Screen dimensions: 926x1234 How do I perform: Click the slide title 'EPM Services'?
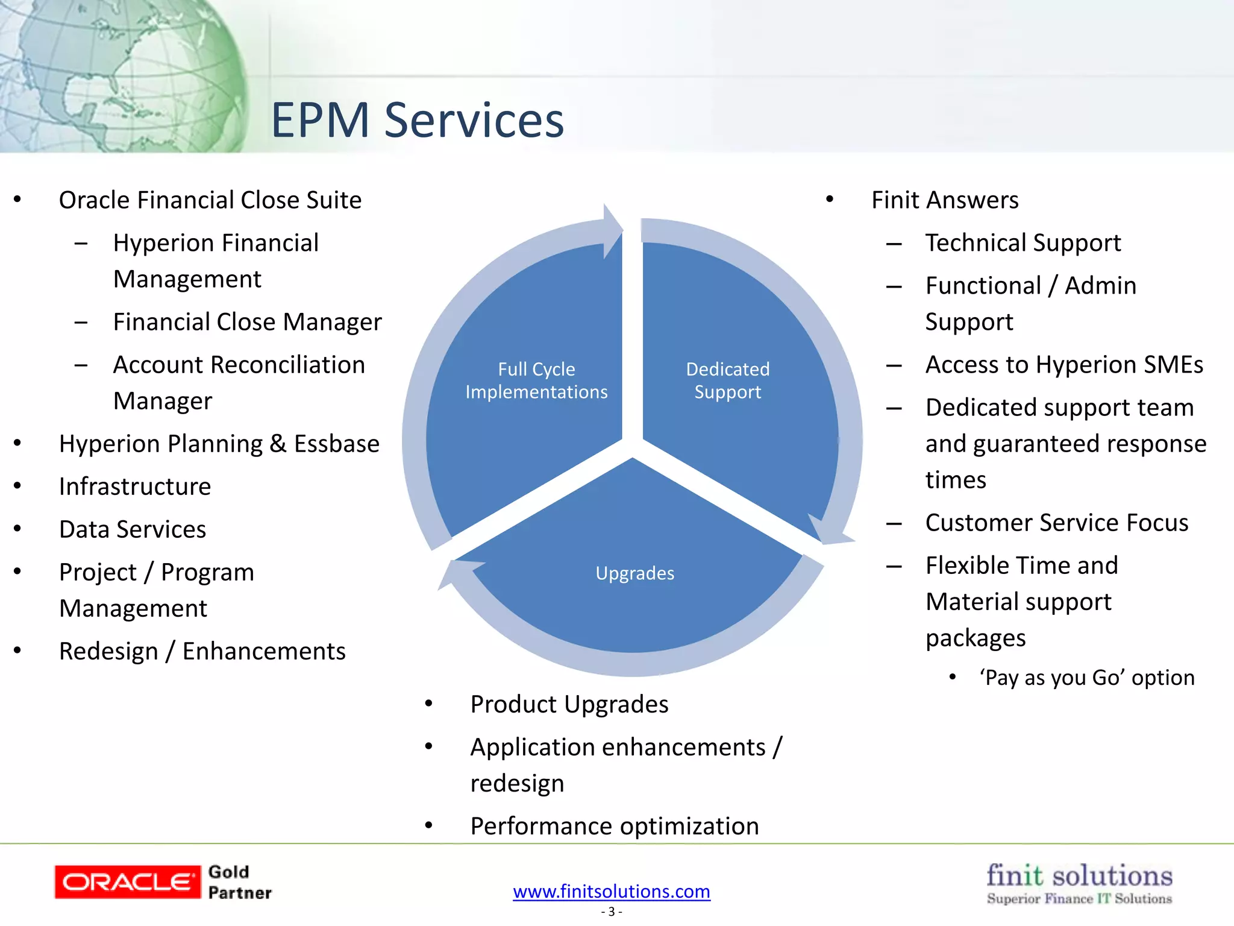(x=417, y=120)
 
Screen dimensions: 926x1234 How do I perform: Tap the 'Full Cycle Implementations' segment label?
(x=536, y=380)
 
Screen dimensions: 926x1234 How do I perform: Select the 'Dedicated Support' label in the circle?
(x=727, y=380)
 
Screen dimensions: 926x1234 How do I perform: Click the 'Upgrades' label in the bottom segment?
(x=634, y=573)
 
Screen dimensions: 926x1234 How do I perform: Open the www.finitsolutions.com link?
(x=611, y=891)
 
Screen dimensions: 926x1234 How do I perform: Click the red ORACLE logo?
(x=127, y=882)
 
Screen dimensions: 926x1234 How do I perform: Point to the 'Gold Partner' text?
(x=239, y=882)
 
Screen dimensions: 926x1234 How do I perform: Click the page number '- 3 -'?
(x=611, y=912)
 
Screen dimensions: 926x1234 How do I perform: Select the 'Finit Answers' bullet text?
(x=944, y=200)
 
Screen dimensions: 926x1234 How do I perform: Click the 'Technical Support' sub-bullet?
(x=1023, y=243)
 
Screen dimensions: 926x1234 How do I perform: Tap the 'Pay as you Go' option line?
(x=1086, y=678)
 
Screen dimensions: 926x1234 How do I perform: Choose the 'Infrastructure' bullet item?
(x=135, y=487)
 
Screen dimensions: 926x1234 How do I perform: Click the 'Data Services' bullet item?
(x=133, y=529)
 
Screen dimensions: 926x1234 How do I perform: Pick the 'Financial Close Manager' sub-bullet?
(x=247, y=322)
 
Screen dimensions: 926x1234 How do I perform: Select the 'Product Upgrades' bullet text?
(x=569, y=704)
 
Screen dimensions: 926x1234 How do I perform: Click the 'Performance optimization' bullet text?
(x=614, y=826)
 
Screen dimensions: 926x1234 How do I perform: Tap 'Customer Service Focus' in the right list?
(x=1056, y=523)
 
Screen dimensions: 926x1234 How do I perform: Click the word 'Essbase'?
(x=336, y=444)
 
